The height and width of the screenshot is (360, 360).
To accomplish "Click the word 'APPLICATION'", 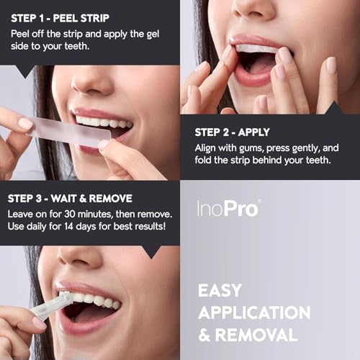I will (x=254, y=313).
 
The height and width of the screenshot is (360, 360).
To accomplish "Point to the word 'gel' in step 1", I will (x=157, y=32).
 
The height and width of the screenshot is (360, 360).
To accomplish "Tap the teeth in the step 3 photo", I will (x=98, y=300).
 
